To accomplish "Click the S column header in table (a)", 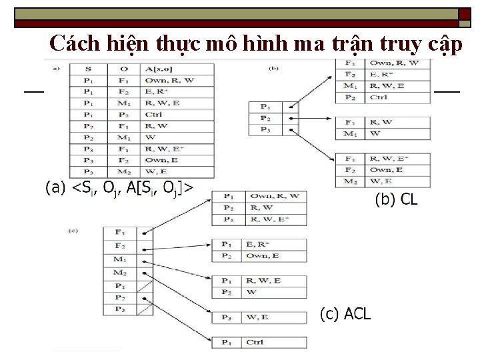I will (x=89, y=68).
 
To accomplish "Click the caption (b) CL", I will (x=397, y=199).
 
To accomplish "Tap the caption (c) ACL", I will (x=345, y=314).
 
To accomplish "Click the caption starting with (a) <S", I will (x=120, y=188).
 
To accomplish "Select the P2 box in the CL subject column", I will (x=265, y=117).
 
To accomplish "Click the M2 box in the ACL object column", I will (x=120, y=272).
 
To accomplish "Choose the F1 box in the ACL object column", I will (x=120, y=233).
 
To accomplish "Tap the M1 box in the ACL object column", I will (x=120, y=259).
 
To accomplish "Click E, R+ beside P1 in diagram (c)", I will (x=257, y=244).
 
